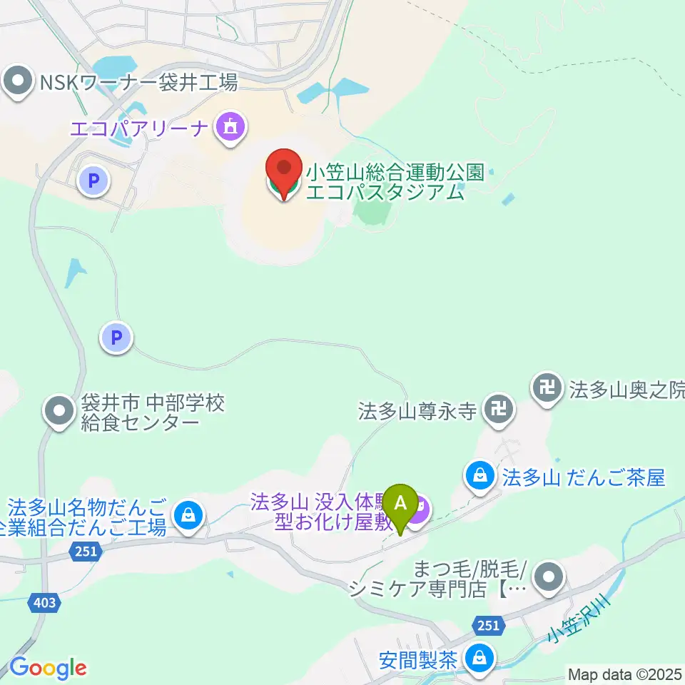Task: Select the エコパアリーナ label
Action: (140, 128)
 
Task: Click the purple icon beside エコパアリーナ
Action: (230, 128)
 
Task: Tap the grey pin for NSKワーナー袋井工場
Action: (18, 81)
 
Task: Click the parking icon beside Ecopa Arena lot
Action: (93, 181)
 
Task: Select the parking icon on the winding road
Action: (116, 336)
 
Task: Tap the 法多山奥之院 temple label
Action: (626, 389)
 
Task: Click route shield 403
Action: (44, 604)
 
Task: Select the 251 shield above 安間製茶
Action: (487, 625)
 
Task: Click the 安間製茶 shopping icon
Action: (481, 658)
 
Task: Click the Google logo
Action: (48, 668)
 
